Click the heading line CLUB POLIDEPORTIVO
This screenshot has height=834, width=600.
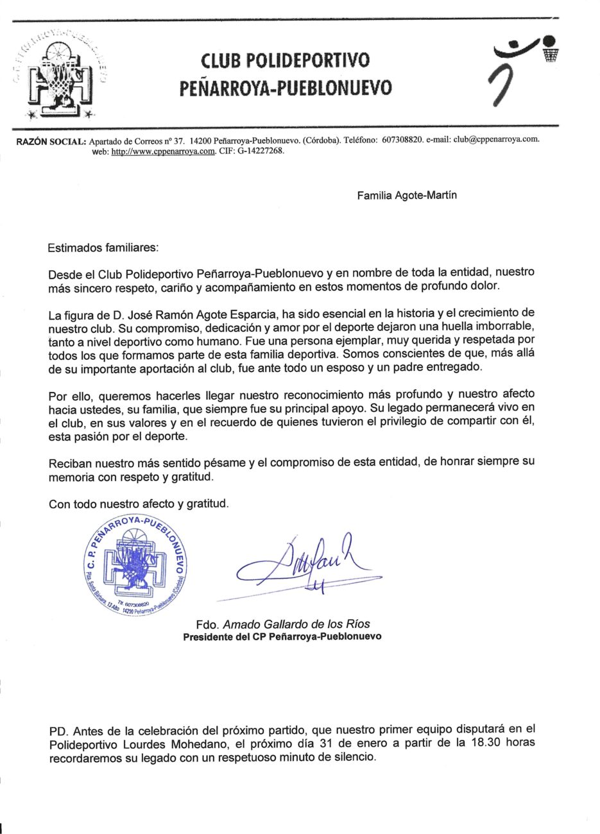click(285, 61)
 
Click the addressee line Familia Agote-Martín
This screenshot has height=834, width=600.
click(407, 196)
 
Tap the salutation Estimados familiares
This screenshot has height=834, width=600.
click(103, 247)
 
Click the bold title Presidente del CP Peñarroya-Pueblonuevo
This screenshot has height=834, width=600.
click(282, 637)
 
